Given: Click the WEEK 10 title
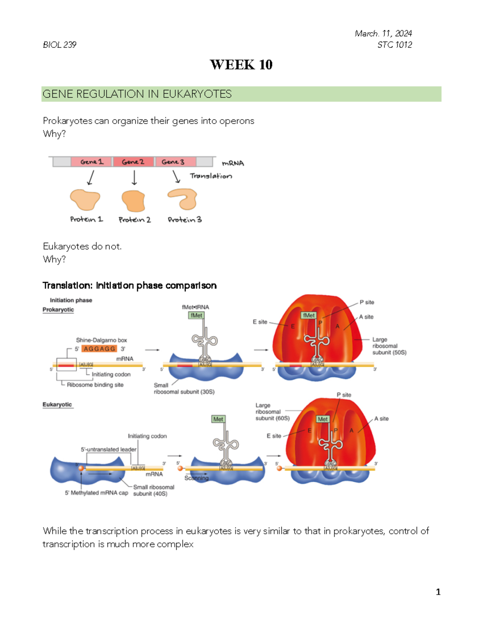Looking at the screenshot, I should (x=241, y=65).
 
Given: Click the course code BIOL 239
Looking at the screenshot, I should (x=60, y=45).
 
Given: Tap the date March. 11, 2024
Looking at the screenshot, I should (x=383, y=33).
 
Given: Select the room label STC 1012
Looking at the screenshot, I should (x=394, y=45).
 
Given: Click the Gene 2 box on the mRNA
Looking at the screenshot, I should (x=133, y=162).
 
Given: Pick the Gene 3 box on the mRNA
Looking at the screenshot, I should (x=173, y=162).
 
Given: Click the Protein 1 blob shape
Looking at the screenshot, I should (x=85, y=200).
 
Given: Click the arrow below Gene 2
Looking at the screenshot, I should (x=134, y=177).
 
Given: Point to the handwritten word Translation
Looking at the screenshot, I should (x=211, y=176).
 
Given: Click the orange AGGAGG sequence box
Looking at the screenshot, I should (x=99, y=349).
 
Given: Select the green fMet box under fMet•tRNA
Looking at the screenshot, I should (x=196, y=316).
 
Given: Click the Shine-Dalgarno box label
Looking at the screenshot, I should (x=101, y=340).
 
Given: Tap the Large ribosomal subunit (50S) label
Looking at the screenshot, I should (x=389, y=346).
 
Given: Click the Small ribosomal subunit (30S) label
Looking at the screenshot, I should (x=184, y=388).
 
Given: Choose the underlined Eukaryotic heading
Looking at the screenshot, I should (x=58, y=404).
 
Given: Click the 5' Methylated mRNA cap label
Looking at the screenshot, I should (x=96, y=493).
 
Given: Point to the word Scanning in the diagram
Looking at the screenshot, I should (x=196, y=478).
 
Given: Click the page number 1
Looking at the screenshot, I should (x=438, y=592).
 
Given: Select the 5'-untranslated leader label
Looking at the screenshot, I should (x=109, y=449).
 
